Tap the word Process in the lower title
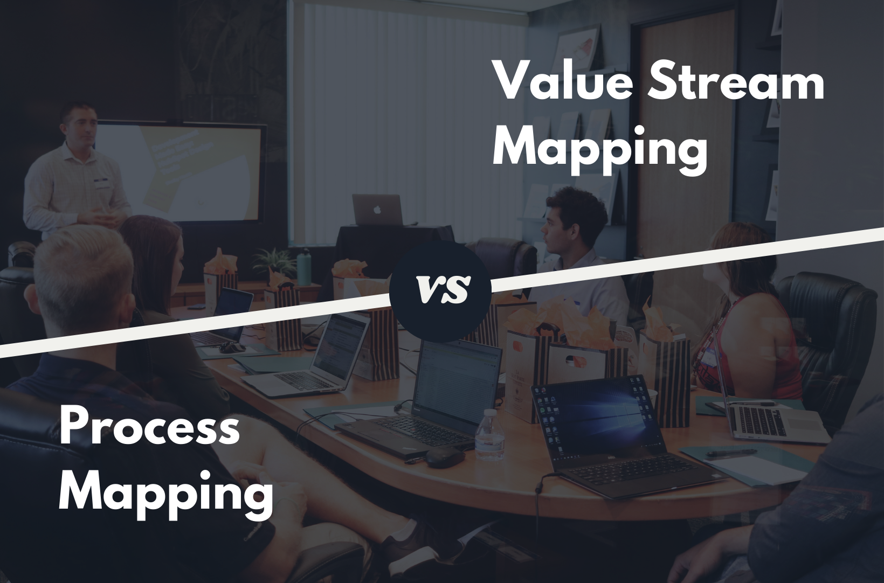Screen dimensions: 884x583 coord(149,428)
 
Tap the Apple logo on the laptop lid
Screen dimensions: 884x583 coord(377,210)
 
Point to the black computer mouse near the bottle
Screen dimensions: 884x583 coord(445,457)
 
